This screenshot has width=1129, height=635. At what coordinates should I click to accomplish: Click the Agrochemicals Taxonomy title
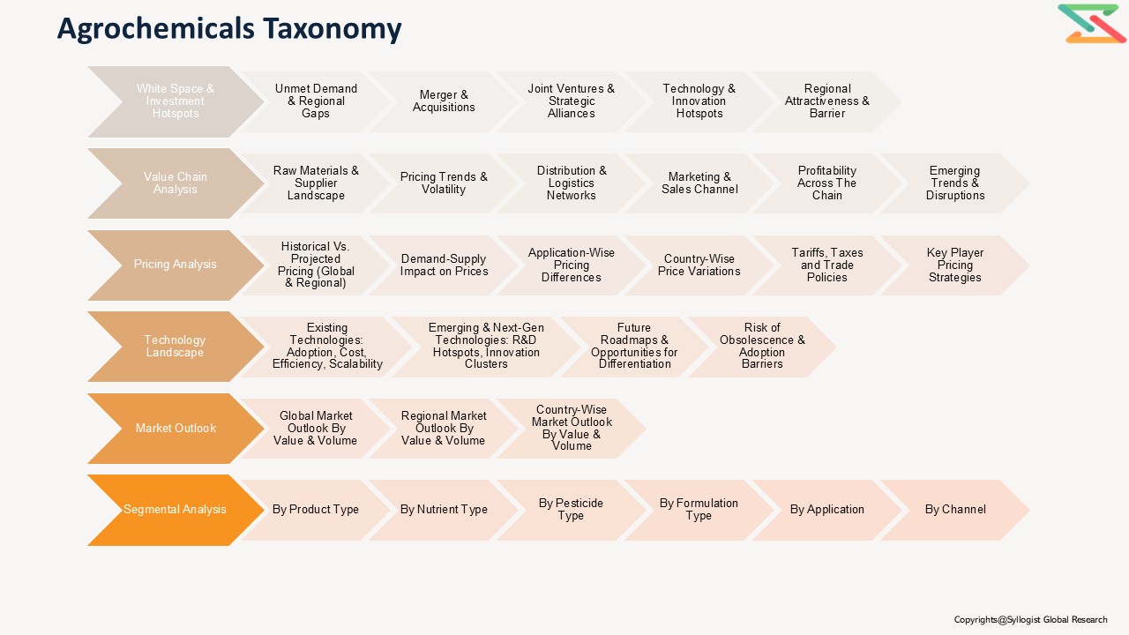229,29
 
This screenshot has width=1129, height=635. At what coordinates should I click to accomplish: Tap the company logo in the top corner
1091,24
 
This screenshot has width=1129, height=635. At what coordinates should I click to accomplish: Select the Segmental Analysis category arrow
176,510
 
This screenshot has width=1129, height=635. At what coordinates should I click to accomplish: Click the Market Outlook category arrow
176,429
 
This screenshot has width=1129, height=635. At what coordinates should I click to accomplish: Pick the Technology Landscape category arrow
176,347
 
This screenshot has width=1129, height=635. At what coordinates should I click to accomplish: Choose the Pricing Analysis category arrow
176,265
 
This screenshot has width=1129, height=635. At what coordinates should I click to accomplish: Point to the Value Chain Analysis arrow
176,183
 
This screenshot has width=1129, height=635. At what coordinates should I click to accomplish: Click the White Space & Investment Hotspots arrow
176,101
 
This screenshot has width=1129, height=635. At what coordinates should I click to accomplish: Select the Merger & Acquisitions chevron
444,101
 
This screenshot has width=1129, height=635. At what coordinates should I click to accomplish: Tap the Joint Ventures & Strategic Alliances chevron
571,101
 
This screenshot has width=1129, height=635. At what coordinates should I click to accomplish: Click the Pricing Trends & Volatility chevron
444,183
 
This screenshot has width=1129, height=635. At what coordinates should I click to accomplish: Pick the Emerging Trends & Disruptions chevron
954,183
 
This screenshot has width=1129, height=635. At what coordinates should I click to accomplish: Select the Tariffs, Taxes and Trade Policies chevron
827,265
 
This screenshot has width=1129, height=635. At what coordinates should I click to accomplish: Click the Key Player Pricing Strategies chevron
954,265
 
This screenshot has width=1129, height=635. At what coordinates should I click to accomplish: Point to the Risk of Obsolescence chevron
762,347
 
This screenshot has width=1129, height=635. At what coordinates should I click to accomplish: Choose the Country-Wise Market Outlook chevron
571,429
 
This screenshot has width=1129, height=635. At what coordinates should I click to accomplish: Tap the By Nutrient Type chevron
444,510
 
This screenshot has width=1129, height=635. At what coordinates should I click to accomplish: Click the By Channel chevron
954,510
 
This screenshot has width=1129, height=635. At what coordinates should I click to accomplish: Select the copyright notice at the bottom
1030,619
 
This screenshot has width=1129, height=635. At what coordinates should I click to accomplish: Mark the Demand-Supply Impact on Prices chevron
444,265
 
